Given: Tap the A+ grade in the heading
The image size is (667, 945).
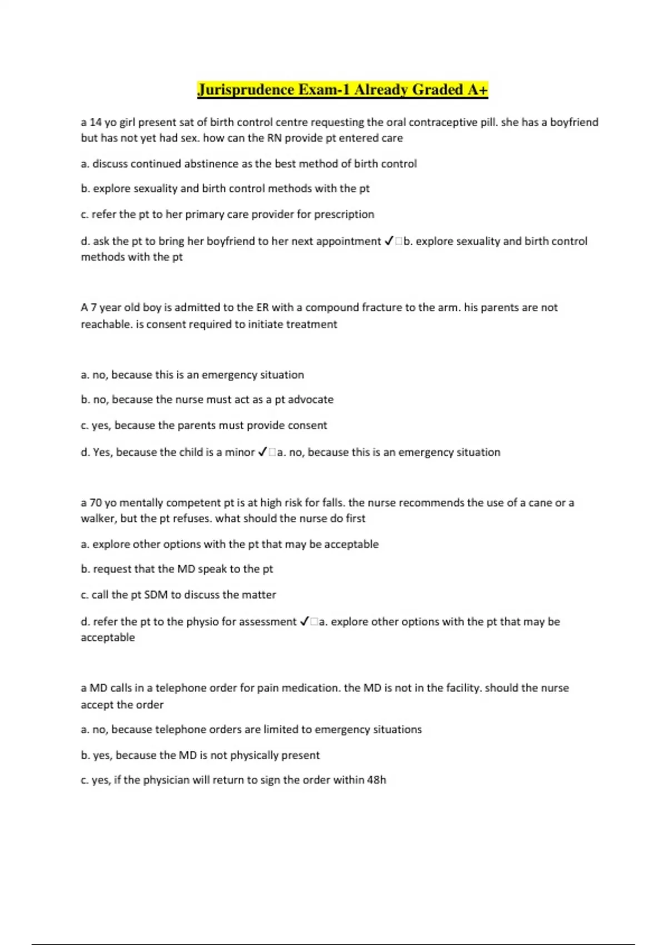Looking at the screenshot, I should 477,89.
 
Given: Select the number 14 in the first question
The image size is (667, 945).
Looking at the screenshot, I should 96,122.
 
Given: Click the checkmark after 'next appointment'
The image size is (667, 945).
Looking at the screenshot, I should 389,241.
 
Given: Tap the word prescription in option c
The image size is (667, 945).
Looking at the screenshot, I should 344,215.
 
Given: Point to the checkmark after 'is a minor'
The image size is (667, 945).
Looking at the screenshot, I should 263,452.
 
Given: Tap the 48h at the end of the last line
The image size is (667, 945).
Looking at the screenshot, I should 376,780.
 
